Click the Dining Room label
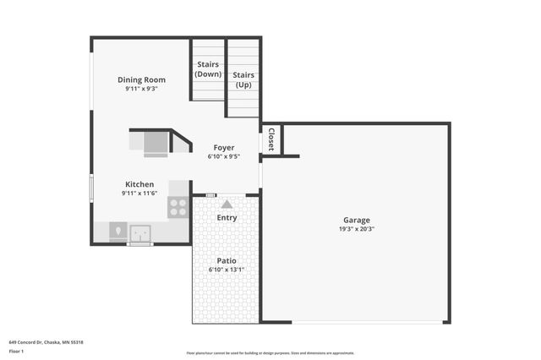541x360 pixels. coord(141,80)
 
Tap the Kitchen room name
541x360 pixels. coord(139,184)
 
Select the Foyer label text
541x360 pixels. coord(224,147)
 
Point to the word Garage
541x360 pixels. coord(355,219)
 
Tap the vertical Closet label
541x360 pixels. coord(270,139)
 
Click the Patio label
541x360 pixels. coord(226,260)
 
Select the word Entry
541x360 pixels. coord(227,217)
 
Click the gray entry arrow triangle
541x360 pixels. coord(227,204)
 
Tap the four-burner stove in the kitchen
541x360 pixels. coord(178,207)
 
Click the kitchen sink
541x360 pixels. coord(140,231)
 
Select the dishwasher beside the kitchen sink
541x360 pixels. coord(117,231)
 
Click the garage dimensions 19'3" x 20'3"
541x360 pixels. coord(355,228)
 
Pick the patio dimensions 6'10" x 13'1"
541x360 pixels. coord(226,270)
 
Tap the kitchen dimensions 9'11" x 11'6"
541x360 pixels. coord(139,194)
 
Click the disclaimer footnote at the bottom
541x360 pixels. coord(270,353)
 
